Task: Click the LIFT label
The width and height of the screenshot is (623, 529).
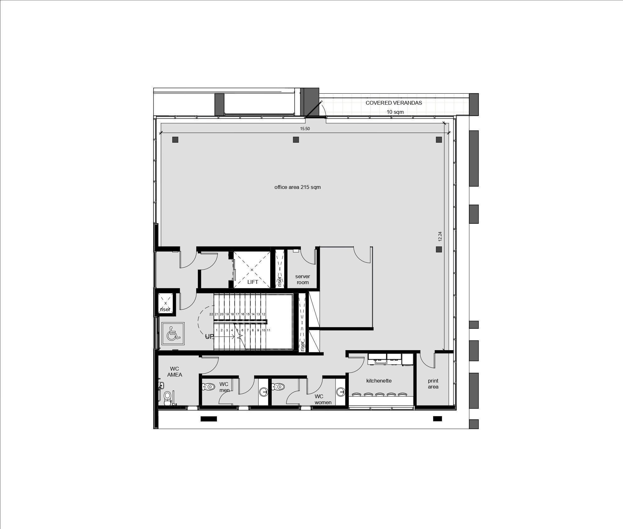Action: click(x=253, y=282)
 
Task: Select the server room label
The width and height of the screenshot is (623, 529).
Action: click(x=303, y=279)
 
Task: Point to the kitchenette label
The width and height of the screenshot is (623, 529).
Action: click(x=379, y=381)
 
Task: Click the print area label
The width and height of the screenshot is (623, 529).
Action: click(x=433, y=384)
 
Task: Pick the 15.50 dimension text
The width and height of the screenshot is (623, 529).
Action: click(x=305, y=129)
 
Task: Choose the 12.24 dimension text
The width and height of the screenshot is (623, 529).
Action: click(x=440, y=236)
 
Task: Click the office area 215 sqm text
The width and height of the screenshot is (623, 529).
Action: click(x=298, y=187)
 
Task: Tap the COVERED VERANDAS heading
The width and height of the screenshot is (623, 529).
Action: click(x=394, y=103)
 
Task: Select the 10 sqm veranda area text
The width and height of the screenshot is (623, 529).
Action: click(x=395, y=112)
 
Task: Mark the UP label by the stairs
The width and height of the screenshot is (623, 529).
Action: click(x=209, y=337)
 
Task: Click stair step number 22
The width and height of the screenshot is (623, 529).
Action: click(x=211, y=314)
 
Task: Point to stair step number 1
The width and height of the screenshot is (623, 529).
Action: click(x=217, y=330)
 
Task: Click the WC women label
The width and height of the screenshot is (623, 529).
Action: click(x=323, y=400)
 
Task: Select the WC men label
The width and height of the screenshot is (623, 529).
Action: click(x=225, y=387)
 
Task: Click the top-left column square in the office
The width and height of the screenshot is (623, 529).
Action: click(x=175, y=140)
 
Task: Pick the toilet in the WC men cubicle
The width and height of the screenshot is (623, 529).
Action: click(x=208, y=386)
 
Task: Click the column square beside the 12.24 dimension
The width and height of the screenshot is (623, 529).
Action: click(x=439, y=249)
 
